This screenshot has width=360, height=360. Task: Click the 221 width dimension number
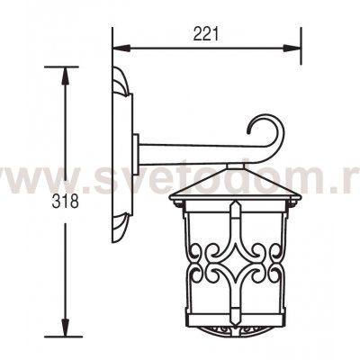pyautogui.click(x=206, y=34)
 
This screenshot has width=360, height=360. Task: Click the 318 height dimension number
pyautogui.click(x=66, y=202)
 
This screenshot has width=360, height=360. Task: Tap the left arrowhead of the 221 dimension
pyautogui.click(x=121, y=49)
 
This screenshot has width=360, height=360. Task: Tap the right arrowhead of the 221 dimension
pyautogui.click(x=292, y=49)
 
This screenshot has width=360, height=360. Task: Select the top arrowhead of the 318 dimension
pyautogui.click(x=66, y=76)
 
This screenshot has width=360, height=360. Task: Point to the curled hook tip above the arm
pyautogui.click(x=248, y=131)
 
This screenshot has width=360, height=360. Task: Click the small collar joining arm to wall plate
pyautogui.click(x=136, y=155)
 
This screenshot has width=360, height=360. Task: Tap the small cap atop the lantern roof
pyautogui.click(x=236, y=166)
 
